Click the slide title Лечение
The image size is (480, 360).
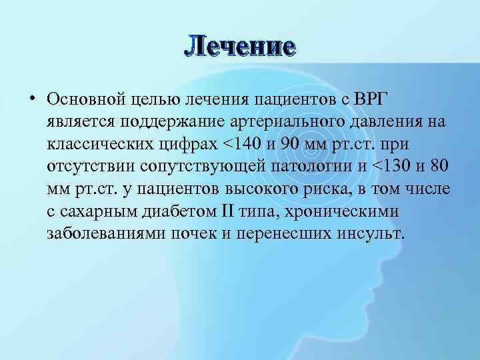[240, 47]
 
